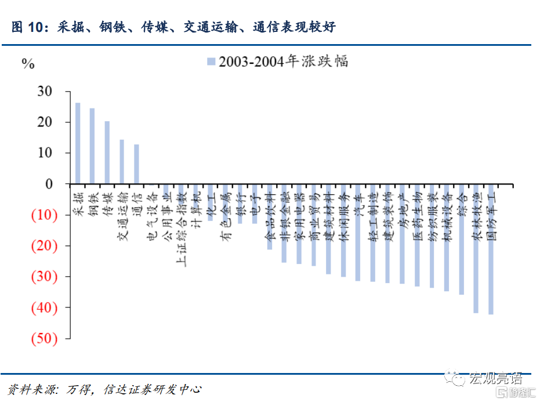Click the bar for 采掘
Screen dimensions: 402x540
(78, 143)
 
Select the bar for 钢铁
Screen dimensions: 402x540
(92, 146)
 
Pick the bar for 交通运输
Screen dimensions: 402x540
(122, 162)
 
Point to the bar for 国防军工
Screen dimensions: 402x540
(491, 249)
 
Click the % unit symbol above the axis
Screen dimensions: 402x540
(28, 64)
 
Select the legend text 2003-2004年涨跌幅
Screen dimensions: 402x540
(284, 62)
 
